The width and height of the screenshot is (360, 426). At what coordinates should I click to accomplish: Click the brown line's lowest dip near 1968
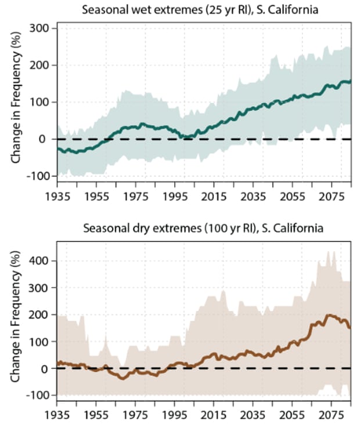[x=122, y=378]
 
